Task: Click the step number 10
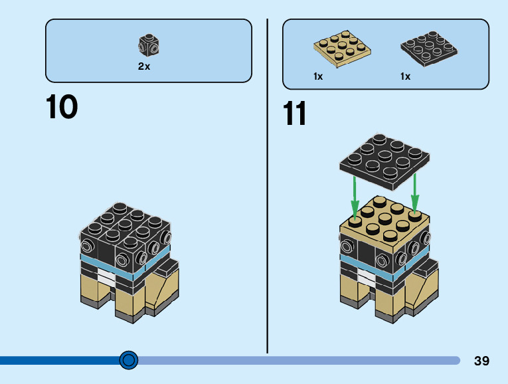click(x=61, y=107)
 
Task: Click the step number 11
click(x=295, y=114)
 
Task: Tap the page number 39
click(x=481, y=361)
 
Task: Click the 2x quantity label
click(x=144, y=66)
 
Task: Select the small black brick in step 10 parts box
click(x=149, y=45)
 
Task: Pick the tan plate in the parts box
click(x=342, y=49)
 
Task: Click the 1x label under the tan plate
click(x=318, y=76)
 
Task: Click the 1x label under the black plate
click(x=405, y=76)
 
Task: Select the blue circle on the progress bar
click(x=129, y=360)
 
